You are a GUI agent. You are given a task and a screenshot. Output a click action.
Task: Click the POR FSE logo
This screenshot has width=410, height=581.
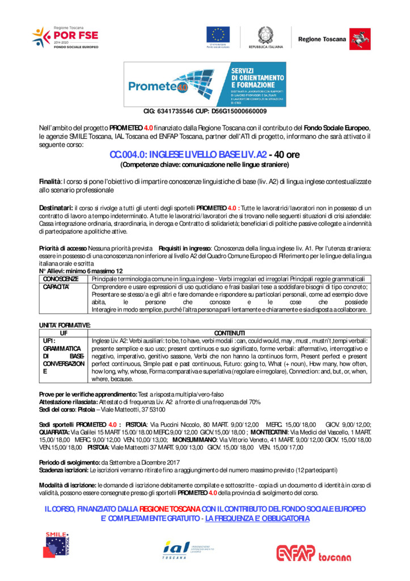pyautogui.click(x=65, y=37)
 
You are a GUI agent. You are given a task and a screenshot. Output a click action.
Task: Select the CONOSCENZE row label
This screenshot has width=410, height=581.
pyautogui.click(x=61, y=279)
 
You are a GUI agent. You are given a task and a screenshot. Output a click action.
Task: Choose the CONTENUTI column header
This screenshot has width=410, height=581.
pyautogui.click(x=230, y=332)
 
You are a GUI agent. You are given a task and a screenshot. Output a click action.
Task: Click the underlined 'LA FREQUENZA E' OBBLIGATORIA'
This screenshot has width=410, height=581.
pyautogui.click(x=257, y=518)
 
